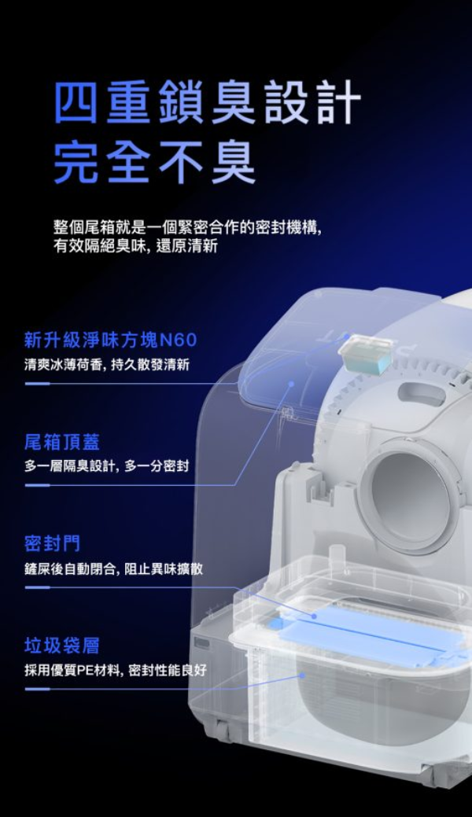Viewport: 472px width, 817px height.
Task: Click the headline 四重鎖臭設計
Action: click(x=208, y=101)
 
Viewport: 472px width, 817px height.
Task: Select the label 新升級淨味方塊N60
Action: click(x=111, y=340)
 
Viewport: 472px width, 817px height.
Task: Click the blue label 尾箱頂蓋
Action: click(x=61, y=443)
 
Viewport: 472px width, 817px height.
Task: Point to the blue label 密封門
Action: click(x=52, y=544)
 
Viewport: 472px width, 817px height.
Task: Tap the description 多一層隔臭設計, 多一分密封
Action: click(x=106, y=466)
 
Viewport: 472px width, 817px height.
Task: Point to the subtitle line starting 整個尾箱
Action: click(x=188, y=228)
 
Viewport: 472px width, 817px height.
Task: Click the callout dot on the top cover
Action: click(x=292, y=384)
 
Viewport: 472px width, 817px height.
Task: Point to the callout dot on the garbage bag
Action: click(x=302, y=675)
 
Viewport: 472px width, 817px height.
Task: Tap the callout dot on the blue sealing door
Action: click(x=314, y=616)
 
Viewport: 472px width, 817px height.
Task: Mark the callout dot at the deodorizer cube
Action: click(x=348, y=337)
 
